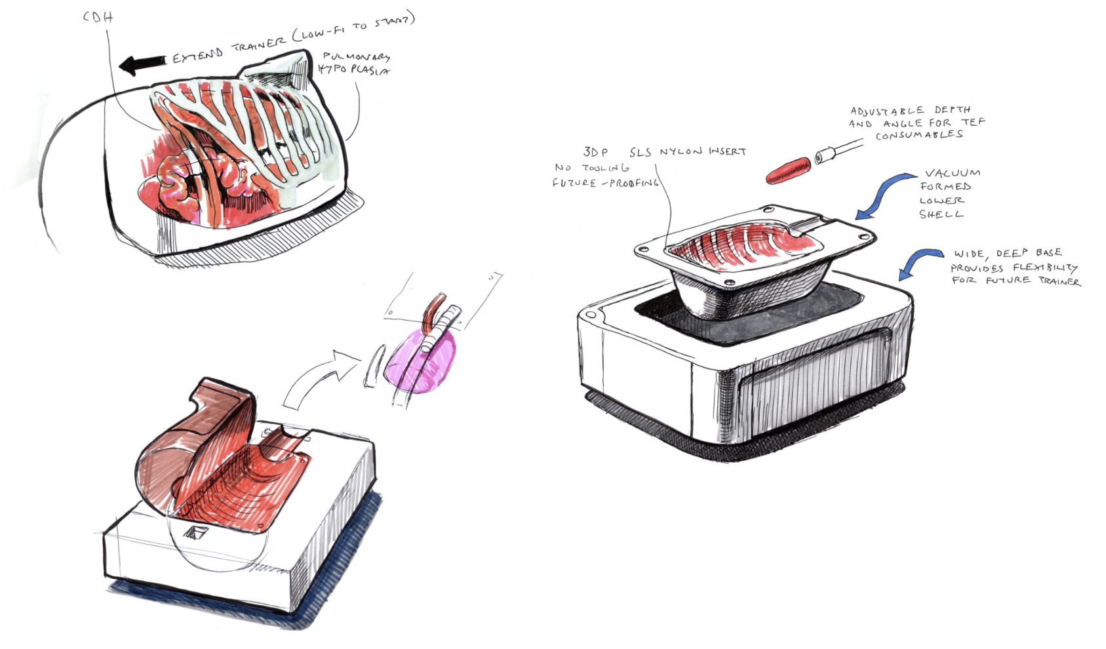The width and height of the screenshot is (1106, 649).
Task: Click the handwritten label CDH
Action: tap(98, 16)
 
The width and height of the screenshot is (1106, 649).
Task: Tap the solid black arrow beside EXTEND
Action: tap(142, 64)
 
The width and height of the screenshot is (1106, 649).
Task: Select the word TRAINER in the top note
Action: tap(259, 45)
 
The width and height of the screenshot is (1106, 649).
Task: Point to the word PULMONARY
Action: tap(356, 57)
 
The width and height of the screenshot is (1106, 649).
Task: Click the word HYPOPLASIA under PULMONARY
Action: tap(353, 69)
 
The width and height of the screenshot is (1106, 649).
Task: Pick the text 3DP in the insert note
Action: tap(595, 152)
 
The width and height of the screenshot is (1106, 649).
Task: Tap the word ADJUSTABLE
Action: tap(887, 111)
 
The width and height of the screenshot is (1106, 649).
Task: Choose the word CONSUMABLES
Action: tap(919, 136)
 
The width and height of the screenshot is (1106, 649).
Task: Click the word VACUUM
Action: tap(953, 173)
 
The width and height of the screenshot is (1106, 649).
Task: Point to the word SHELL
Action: tap(941, 214)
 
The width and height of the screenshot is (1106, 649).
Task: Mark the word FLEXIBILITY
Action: tap(1045, 267)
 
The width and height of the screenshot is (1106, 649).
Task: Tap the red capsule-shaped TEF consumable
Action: tap(789, 170)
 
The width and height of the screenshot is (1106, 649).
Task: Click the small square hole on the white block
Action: tap(195, 532)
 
